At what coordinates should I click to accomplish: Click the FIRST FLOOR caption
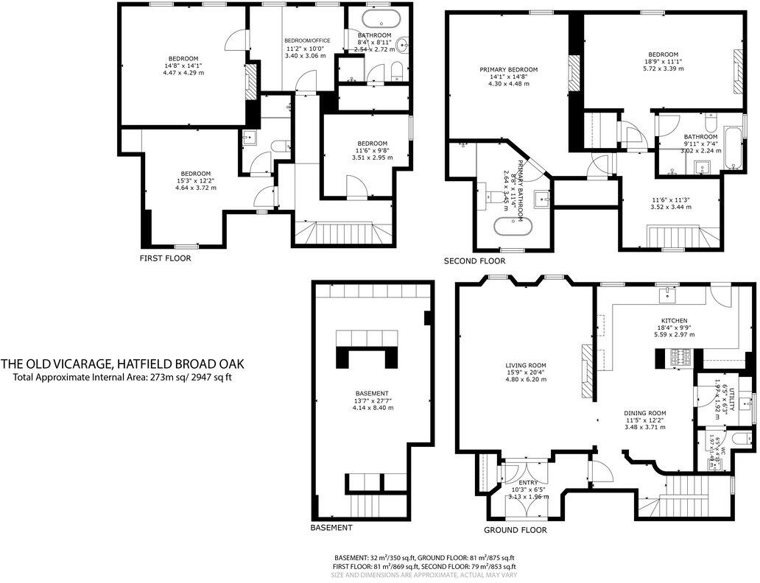[165, 258]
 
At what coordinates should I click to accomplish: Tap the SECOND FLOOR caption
[474, 261]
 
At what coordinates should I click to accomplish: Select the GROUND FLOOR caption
[515, 530]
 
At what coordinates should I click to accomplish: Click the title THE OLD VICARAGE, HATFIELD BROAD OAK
[122, 364]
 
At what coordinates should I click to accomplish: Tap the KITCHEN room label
[674, 321]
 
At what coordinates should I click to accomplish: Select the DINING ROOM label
[644, 413]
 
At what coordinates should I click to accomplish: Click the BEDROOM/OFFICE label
[307, 40]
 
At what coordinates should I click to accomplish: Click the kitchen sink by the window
[669, 292]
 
